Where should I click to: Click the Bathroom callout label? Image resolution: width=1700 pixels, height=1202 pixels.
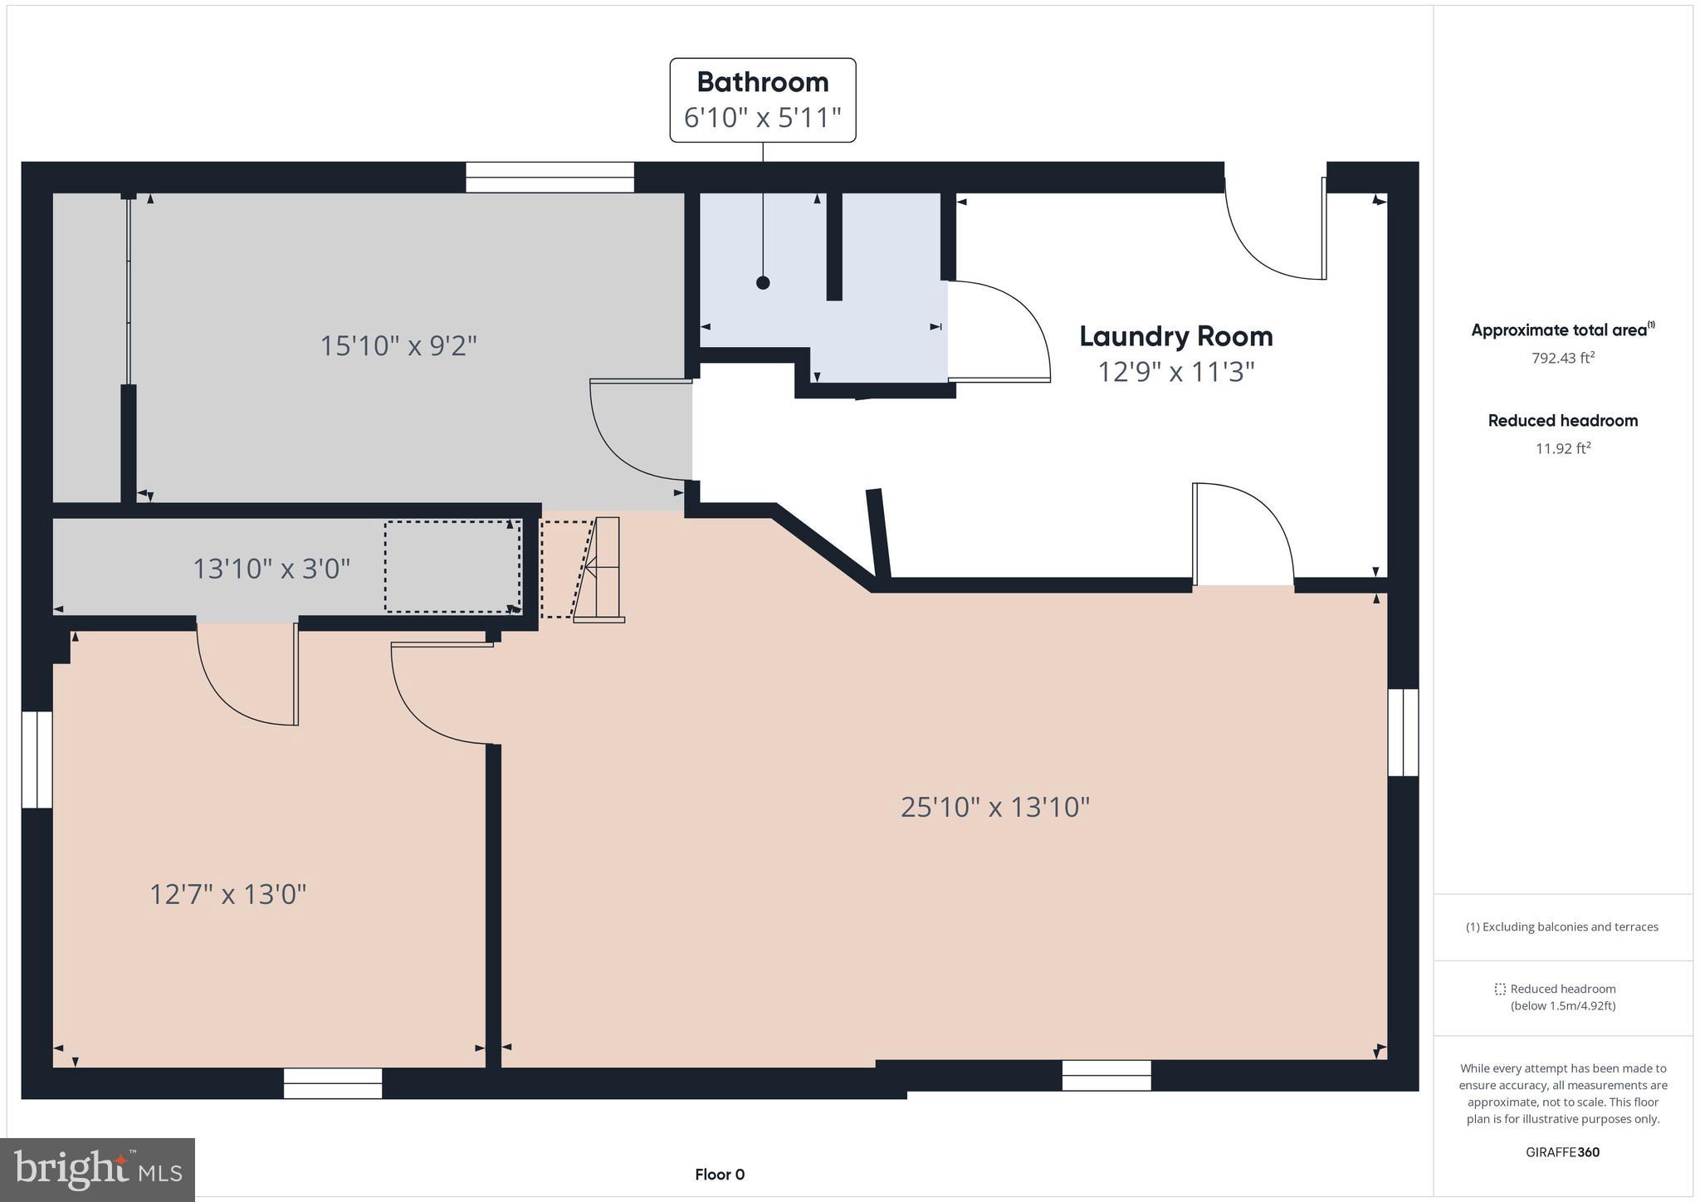[x=762, y=100]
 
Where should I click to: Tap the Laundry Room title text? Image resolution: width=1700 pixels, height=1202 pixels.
[x=1175, y=337]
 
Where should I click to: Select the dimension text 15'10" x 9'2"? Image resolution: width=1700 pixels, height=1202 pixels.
[x=398, y=345]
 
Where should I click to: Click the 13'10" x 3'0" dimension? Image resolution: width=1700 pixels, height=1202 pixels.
[x=271, y=569]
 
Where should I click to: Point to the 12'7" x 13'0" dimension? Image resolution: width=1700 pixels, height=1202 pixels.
[x=227, y=895]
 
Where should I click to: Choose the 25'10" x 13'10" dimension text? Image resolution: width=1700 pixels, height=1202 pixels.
[x=994, y=807]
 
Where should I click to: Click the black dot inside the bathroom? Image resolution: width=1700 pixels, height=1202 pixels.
[x=763, y=283]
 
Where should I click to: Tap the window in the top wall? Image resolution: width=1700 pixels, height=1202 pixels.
[x=550, y=178]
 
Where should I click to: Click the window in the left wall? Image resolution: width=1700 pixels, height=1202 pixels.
[x=37, y=760]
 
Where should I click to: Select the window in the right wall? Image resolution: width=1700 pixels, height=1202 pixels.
[x=1403, y=732]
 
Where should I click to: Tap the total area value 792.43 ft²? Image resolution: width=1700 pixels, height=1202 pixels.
[x=1562, y=359]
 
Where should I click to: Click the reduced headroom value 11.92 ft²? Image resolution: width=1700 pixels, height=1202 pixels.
[x=1562, y=449]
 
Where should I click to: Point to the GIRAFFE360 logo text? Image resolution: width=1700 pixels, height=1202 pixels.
[x=1562, y=1152]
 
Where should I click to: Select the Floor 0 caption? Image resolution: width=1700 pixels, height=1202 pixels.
[x=720, y=1175]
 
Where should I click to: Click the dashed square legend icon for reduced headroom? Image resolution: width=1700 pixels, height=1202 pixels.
[x=1500, y=989]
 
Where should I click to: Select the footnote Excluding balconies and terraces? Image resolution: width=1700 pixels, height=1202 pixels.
[x=1562, y=927]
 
